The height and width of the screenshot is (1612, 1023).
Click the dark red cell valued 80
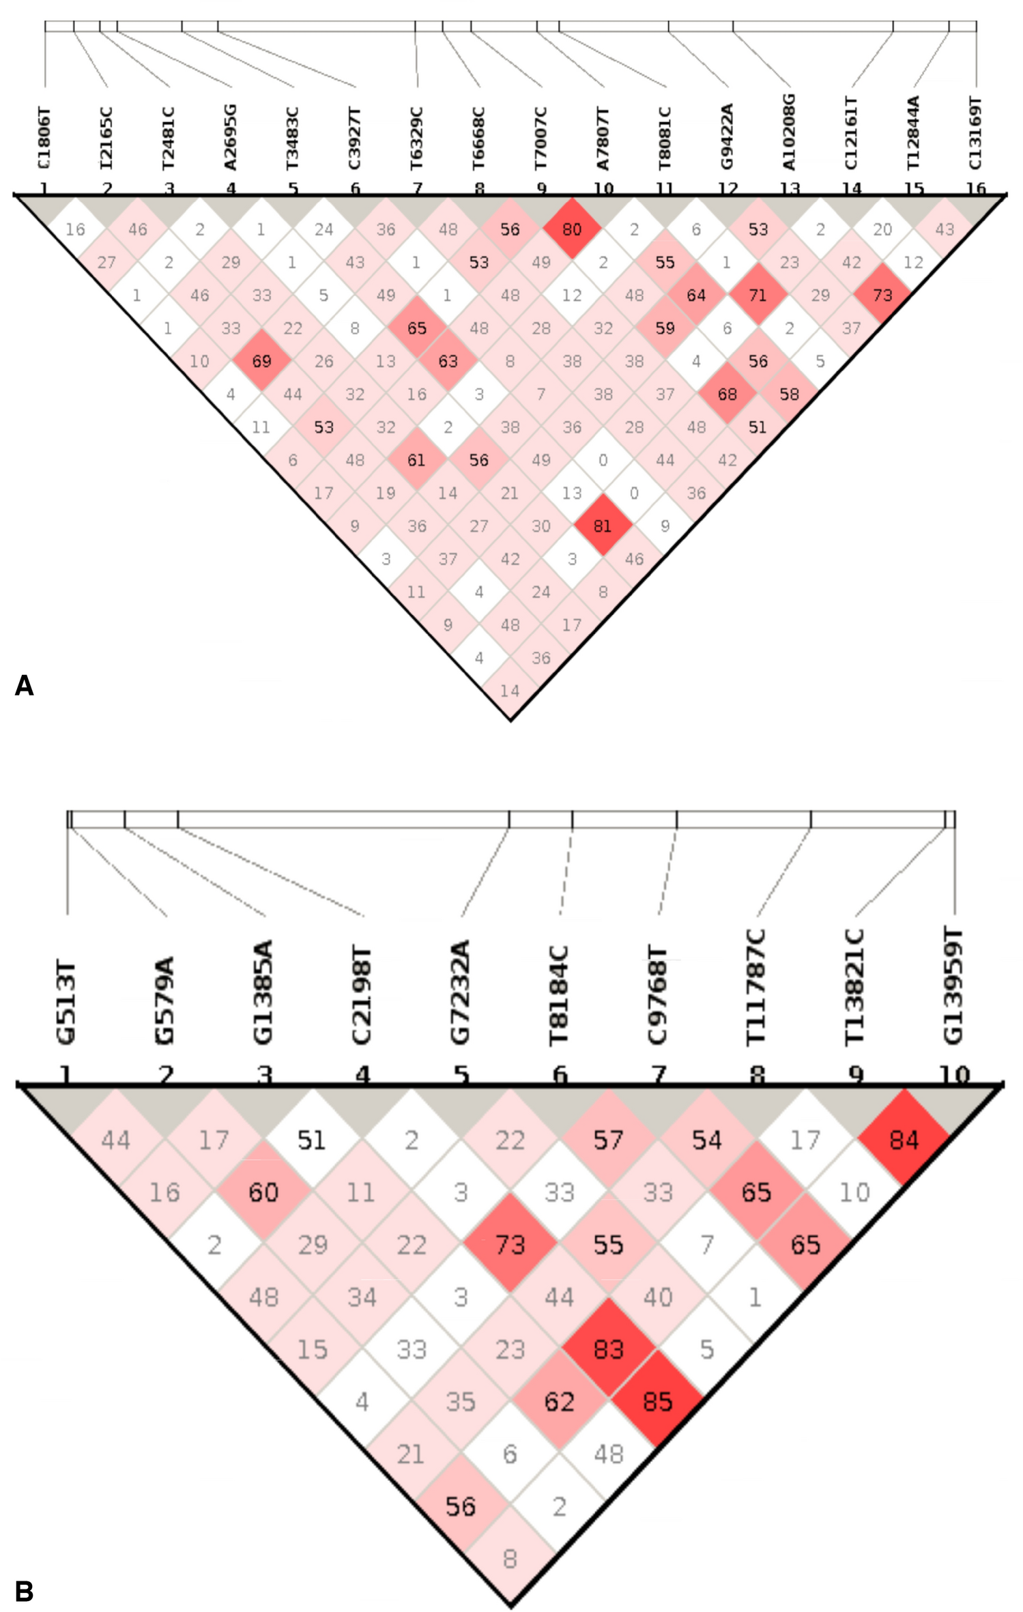coord(572,229)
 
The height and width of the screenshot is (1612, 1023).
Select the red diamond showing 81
coord(603,526)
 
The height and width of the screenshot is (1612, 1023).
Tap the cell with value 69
coord(262,361)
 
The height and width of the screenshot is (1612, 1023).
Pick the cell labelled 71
coord(758,295)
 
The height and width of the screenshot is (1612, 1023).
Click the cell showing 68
coord(727,394)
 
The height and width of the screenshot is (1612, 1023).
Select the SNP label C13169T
coord(975,134)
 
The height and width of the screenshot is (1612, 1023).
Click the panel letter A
coord(24,685)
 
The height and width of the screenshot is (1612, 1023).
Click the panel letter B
coord(24,1591)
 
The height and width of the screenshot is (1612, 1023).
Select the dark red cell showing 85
coord(657,1401)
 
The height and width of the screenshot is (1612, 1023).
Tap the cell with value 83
coord(608,1349)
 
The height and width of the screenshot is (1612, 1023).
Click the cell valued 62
coord(559,1401)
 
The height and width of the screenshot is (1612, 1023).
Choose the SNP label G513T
coord(66,1003)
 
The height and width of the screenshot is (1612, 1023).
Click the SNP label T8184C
coord(559,996)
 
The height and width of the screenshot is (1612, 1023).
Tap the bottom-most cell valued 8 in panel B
coord(510,1558)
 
